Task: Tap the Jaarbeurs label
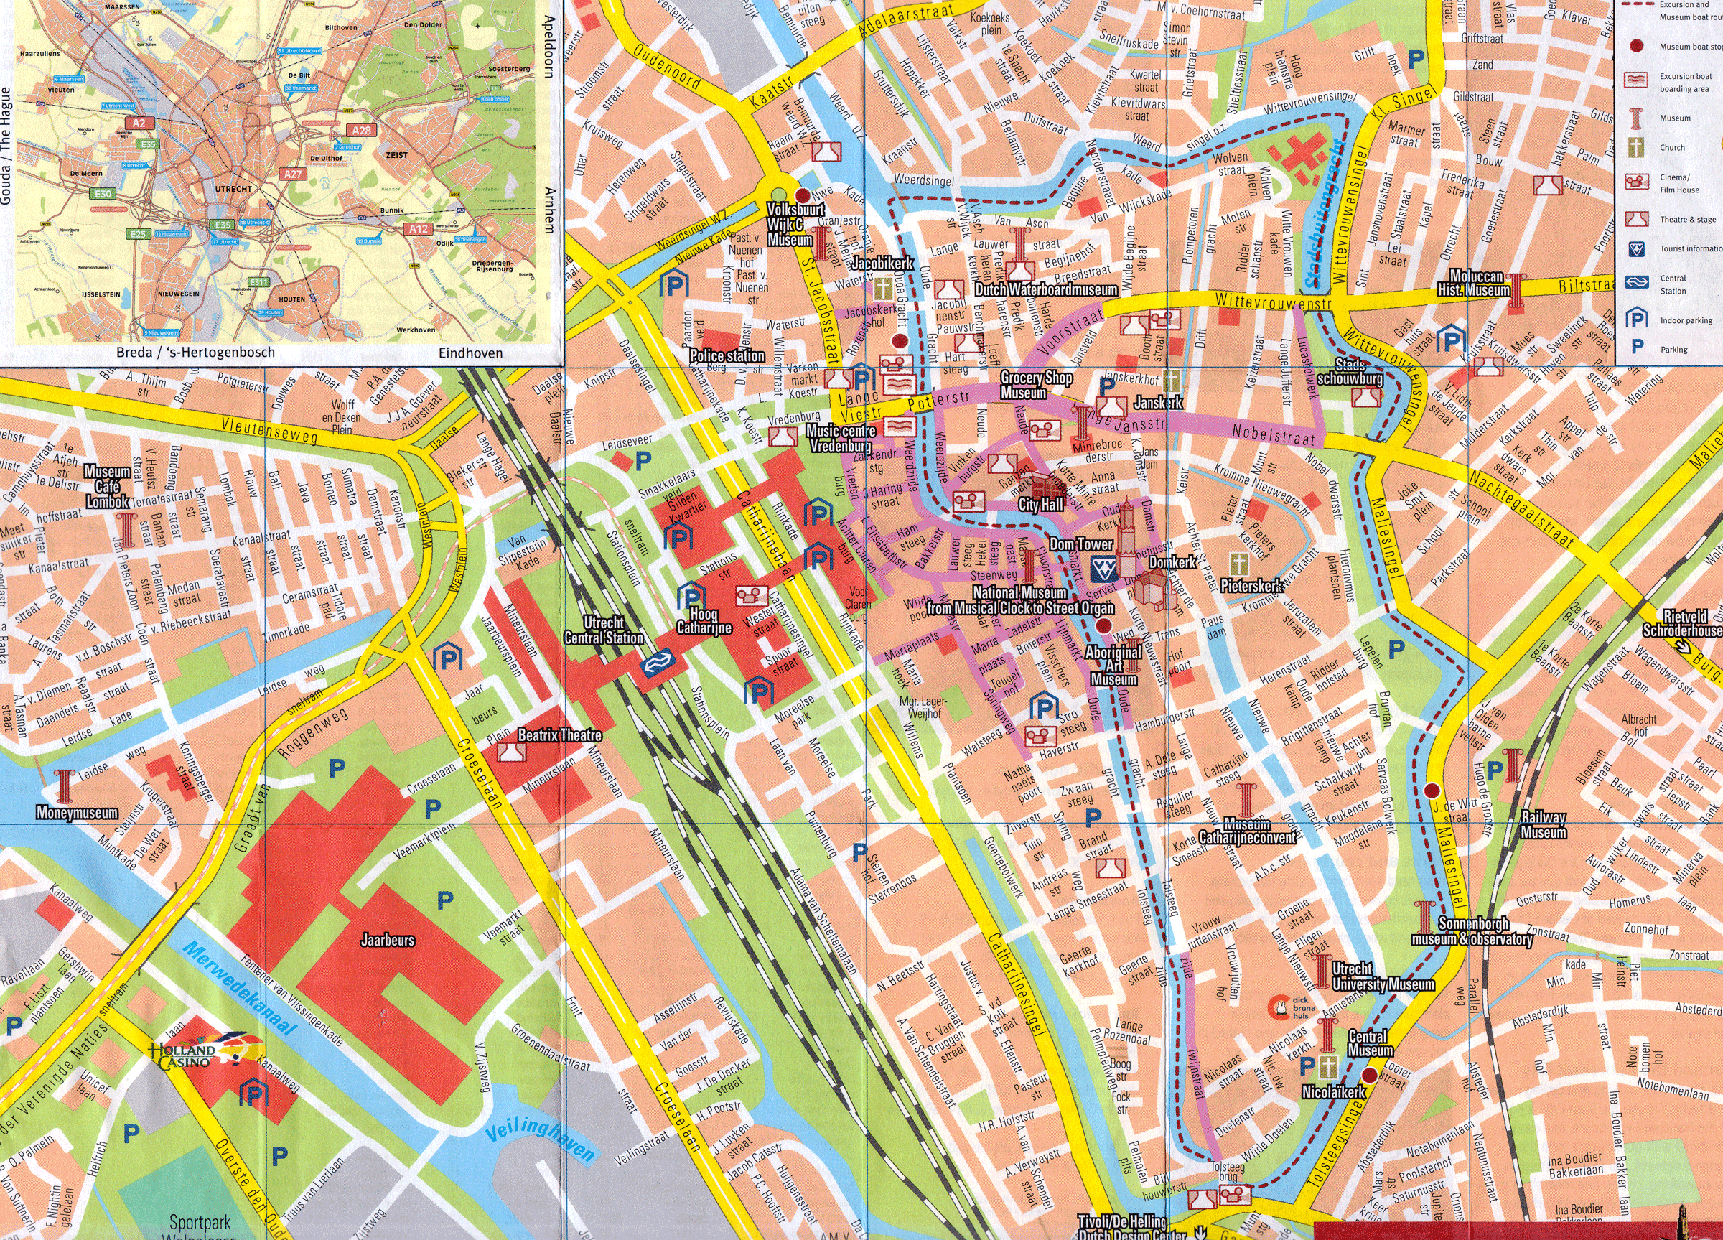[388, 941]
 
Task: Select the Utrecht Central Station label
[604, 630]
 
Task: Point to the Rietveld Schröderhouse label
[1681, 623]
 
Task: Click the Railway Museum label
[1543, 824]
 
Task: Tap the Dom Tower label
[1080, 544]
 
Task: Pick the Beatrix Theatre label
[560, 735]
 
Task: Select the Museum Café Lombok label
[107, 487]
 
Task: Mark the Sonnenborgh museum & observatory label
[1472, 931]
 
